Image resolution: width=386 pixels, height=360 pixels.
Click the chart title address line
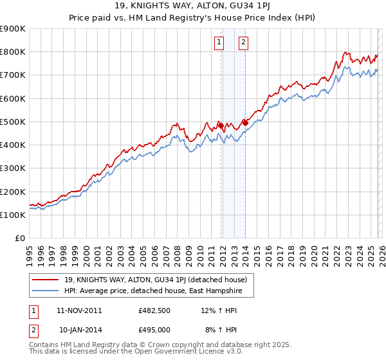coord(193,6)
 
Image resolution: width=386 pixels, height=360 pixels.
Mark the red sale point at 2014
coord(245,122)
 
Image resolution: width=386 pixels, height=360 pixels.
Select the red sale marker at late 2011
coord(221,125)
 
